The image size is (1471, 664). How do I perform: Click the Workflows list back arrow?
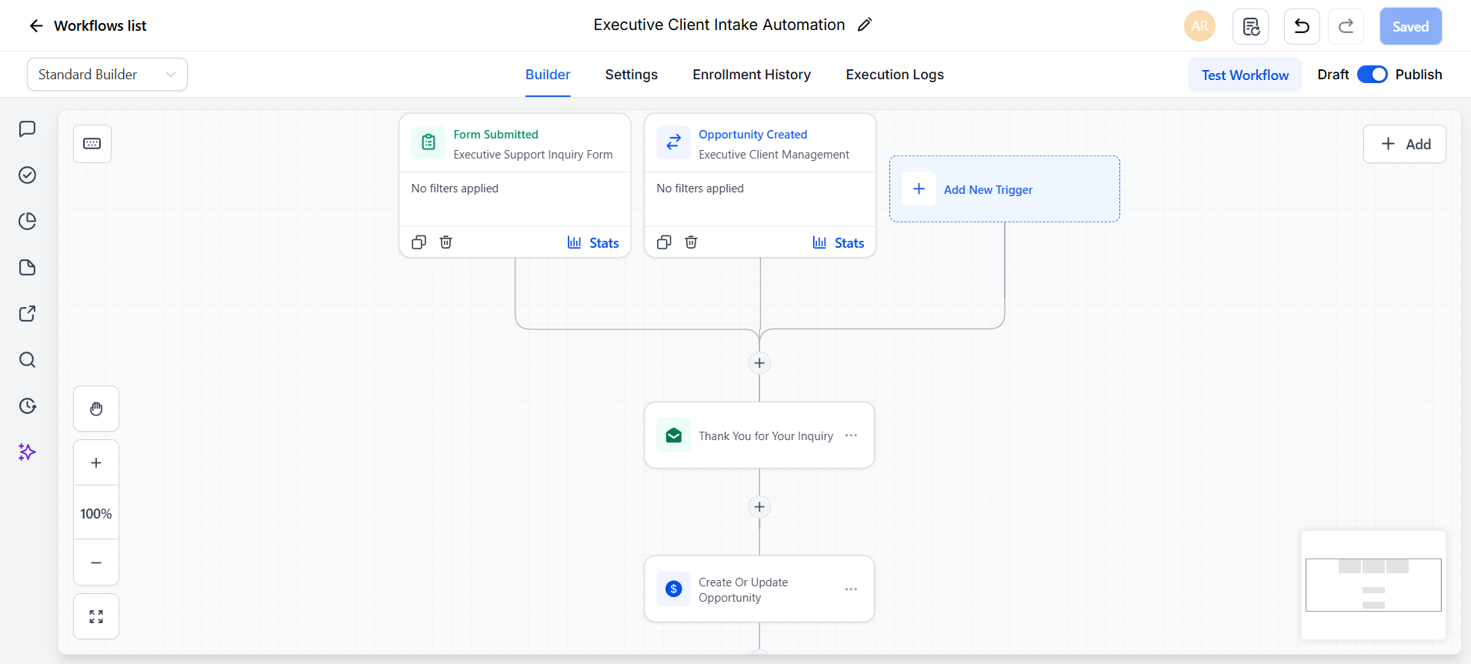click(x=36, y=26)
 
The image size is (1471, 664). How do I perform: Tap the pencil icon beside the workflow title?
click(x=865, y=25)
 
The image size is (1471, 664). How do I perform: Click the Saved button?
click(x=1410, y=27)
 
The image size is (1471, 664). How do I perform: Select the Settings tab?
click(x=631, y=75)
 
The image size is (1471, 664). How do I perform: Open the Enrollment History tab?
click(x=752, y=75)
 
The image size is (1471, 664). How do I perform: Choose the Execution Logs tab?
click(x=895, y=75)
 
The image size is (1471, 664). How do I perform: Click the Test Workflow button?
click(x=1245, y=75)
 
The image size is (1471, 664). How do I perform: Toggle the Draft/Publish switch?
click(x=1372, y=75)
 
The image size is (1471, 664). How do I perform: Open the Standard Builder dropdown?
click(x=107, y=75)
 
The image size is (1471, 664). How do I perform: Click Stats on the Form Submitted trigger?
click(x=593, y=243)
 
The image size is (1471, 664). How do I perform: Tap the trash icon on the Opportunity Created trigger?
click(x=691, y=242)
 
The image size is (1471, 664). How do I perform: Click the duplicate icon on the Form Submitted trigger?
click(x=419, y=242)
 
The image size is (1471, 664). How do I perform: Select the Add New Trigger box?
click(x=1004, y=189)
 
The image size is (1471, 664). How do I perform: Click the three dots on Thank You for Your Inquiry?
click(x=851, y=435)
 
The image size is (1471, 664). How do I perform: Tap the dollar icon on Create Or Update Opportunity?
click(x=674, y=589)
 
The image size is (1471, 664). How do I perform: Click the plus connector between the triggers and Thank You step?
click(x=759, y=363)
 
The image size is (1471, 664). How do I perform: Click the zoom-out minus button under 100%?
click(x=96, y=562)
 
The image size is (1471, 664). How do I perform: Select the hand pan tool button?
click(x=96, y=409)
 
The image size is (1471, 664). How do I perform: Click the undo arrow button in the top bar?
click(x=1302, y=27)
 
